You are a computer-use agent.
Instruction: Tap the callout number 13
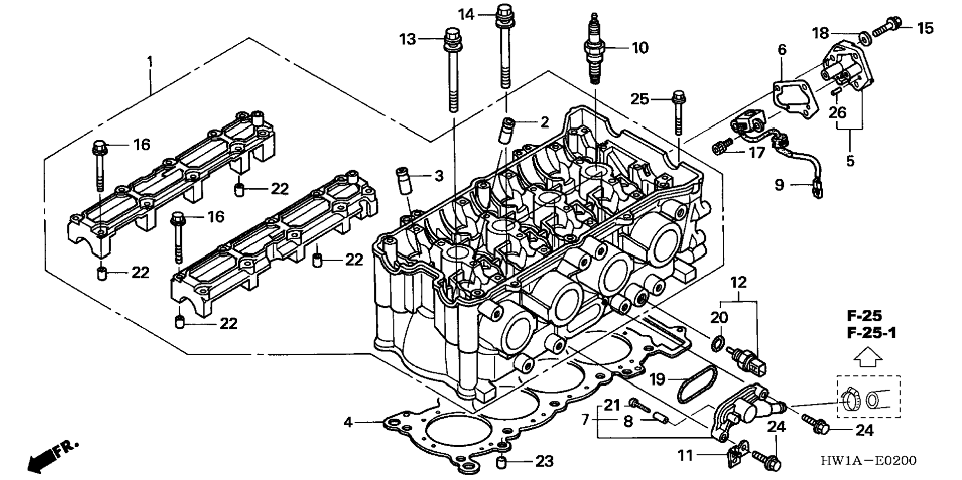pos(407,39)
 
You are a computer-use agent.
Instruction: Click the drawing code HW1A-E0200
pos(868,461)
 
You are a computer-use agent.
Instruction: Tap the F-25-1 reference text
pos(871,332)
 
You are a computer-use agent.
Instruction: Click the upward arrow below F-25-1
pos(868,358)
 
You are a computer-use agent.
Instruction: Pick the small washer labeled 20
pos(716,343)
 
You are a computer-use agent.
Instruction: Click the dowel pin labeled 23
pos(502,463)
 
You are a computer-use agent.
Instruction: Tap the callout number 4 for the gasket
pos(348,422)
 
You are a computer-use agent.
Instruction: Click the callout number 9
pos(779,185)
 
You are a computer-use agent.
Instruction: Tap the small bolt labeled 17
pos(722,146)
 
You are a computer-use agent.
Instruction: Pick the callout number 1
pos(150,62)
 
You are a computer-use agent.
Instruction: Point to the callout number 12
pos(739,283)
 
